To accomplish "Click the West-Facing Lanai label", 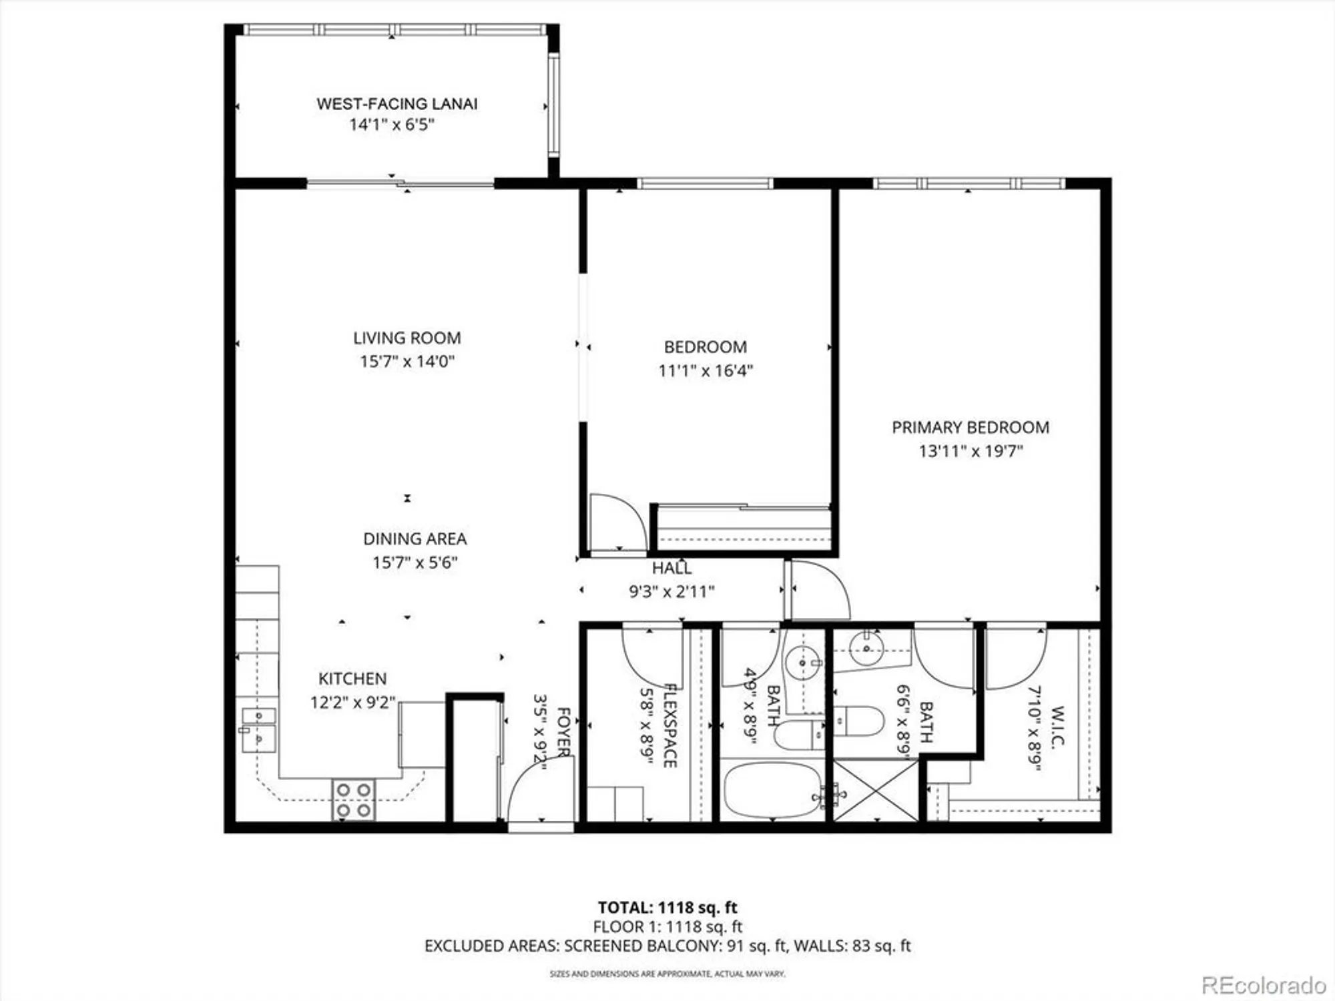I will click(x=396, y=104).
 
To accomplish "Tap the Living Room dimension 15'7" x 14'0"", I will click(x=407, y=362).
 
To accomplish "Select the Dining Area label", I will click(x=415, y=539).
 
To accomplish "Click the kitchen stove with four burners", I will click(x=353, y=799).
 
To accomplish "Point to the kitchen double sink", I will click(x=258, y=729).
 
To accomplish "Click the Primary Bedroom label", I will click(x=970, y=428).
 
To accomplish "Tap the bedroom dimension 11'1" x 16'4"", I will click(x=706, y=371).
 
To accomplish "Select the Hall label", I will click(x=672, y=568).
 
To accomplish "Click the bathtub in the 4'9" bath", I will click(x=772, y=790).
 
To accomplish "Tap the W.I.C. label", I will click(x=1057, y=726).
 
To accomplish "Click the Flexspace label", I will click(x=670, y=725).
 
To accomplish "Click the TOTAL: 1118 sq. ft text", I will click(x=667, y=908).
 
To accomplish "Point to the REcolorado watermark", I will click(x=1263, y=985).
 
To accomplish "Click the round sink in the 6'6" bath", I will click(x=866, y=648).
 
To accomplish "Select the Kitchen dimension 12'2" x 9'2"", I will click(x=352, y=703).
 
